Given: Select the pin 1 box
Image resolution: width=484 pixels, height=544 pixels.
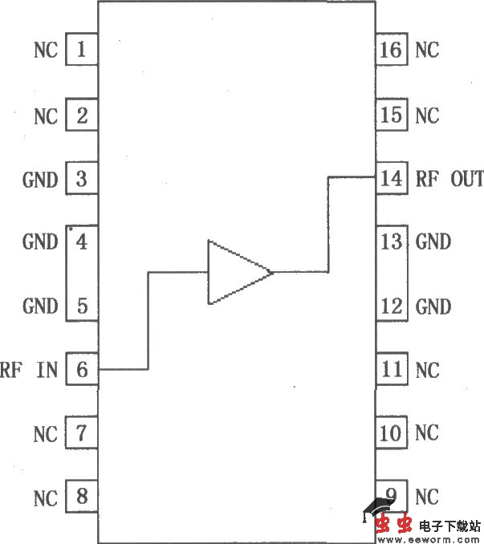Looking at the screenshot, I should [x=81, y=51].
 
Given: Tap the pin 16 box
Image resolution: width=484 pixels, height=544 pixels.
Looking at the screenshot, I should [x=391, y=51].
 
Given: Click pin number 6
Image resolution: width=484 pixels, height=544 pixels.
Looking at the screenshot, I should [x=81, y=370].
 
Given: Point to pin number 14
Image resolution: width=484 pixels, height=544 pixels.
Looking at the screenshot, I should [x=391, y=178].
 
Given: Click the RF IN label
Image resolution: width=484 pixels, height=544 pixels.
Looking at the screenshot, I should [x=30, y=370].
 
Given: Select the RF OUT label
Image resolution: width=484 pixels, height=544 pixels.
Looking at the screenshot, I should [x=449, y=178].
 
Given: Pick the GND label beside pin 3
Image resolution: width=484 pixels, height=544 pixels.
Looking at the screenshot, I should [x=40, y=179].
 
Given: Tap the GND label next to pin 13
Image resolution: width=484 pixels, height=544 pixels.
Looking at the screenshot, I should [x=433, y=242].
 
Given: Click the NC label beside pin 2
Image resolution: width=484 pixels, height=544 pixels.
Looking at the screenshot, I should [x=46, y=116].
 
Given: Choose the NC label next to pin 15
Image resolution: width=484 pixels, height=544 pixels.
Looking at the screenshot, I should [x=427, y=116].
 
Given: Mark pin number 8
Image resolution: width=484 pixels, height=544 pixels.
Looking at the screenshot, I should [x=81, y=497].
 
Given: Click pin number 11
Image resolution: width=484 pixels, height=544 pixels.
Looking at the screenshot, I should [x=391, y=370].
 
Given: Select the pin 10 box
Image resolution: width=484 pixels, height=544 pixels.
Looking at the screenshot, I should [x=391, y=433].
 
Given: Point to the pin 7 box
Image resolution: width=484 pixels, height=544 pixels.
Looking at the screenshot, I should [x=81, y=434].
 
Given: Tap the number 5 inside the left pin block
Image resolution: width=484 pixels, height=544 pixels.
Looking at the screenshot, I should [x=81, y=306].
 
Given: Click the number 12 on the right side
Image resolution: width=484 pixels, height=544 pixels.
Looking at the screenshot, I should [x=391, y=306].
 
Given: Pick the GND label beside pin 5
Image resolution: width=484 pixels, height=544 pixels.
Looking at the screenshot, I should [x=40, y=306].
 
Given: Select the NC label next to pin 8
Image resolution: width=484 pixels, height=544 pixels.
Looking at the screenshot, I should [x=46, y=498].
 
